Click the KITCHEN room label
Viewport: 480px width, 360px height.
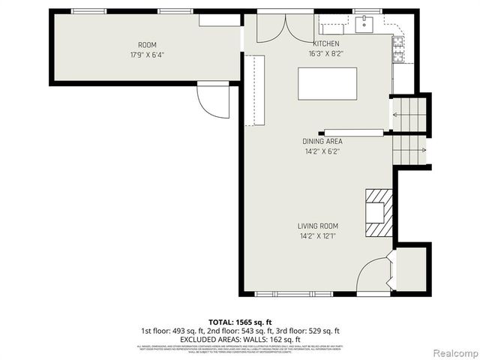[326, 44]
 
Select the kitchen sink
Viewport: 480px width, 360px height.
[365, 25]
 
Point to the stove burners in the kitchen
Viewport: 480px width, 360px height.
[396, 51]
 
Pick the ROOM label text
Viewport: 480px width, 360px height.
[147, 45]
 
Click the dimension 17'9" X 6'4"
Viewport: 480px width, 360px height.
[147, 55]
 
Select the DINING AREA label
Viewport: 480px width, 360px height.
[322, 141]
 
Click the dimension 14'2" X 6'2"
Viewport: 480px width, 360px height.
[322, 151]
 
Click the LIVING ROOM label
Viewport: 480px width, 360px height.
[319, 226]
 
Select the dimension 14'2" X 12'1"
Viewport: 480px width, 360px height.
[319, 236]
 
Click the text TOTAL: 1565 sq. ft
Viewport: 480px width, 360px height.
[240, 321]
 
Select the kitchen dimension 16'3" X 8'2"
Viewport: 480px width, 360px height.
[326, 54]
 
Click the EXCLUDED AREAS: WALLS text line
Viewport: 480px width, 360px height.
[240, 338]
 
